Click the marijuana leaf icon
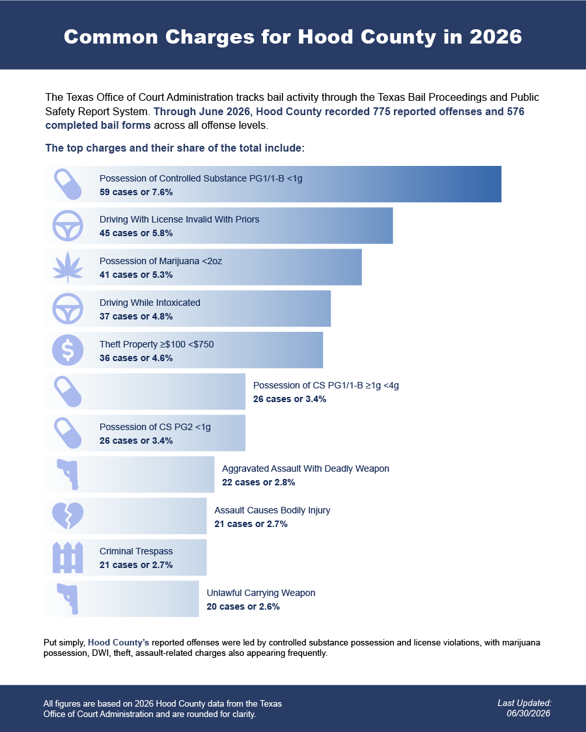click(x=68, y=267)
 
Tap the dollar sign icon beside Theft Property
click(x=68, y=350)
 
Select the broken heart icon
click(x=68, y=516)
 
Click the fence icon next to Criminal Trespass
click(x=68, y=558)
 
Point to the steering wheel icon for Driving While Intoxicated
click(x=68, y=308)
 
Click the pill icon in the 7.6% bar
click(x=68, y=184)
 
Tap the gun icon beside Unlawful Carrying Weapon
click(x=68, y=599)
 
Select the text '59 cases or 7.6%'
click(x=136, y=192)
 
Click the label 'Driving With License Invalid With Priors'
click(x=180, y=219)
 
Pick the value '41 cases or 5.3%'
click(x=136, y=275)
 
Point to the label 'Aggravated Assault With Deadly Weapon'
click(x=305, y=468)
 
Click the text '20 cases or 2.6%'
click(x=243, y=607)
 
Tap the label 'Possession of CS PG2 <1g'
click(x=155, y=427)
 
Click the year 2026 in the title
click(x=495, y=37)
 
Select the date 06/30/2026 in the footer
click(x=529, y=713)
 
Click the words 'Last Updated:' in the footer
click(x=525, y=703)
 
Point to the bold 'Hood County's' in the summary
click(x=119, y=643)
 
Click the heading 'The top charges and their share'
click(x=174, y=148)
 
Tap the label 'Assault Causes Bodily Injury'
click(x=272, y=510)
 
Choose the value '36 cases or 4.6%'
click(x=136, y=358)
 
